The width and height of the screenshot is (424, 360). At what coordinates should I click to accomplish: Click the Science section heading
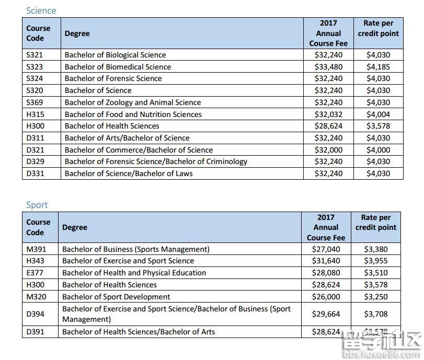coord(41,10)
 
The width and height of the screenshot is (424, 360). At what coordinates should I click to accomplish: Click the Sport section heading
coord(37,205)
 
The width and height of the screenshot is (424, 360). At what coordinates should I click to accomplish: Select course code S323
coord(35,67)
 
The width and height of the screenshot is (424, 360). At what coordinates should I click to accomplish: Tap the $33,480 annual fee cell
coord(328,67)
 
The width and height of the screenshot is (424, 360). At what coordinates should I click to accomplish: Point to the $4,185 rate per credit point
coord(378,67)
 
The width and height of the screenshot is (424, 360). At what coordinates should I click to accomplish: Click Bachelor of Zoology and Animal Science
coord(133,102)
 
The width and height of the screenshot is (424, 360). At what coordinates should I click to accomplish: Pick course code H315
coord(35,114)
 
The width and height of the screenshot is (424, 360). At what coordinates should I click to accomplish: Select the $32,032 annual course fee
coord(328,114)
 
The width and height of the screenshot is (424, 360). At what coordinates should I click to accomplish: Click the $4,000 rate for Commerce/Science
coord(378,150)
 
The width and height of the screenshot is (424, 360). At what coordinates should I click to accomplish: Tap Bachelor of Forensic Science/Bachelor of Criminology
coord(156,161)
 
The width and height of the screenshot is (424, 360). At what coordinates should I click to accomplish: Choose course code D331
coord(35,173)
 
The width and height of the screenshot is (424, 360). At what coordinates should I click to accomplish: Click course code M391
coord(36,249)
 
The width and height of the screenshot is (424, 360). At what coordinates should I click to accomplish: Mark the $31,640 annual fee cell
coord(326,261)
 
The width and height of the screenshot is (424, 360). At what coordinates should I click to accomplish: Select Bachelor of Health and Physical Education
coord(134,273)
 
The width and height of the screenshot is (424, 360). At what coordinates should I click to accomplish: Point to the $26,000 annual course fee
coord(326,296)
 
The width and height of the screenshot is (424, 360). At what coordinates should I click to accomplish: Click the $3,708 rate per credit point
coord(375,314)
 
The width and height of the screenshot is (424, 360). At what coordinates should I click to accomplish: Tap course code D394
coord(35,314)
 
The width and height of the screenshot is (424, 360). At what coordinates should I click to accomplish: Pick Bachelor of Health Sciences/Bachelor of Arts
coord(139,332)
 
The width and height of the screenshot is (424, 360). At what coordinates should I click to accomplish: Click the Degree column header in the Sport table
coord(75,227)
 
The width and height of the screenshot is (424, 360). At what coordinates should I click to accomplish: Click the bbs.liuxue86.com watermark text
coord(382,353)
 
